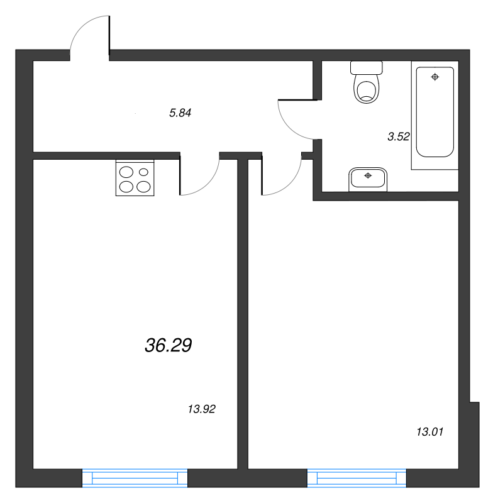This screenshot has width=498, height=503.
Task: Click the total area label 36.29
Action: (168, 345)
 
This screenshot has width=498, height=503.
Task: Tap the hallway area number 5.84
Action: (180, 113)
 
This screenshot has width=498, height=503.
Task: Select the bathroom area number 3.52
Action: (399, 136)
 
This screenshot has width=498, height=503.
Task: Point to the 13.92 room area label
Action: (202, 409)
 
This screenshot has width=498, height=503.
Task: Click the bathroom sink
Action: (368, 179)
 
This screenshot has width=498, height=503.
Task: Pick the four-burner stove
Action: (135, 179)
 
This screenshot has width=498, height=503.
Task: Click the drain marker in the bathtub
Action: (434, 77)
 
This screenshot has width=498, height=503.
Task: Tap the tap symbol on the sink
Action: (368, 175)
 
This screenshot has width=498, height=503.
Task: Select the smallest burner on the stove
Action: (144, 171)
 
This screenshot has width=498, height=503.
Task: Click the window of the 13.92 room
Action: (135, 479)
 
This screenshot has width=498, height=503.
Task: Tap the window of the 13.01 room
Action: (357, 479)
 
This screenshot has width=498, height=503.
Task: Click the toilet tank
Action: (367, 67)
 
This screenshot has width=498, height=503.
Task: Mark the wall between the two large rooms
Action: (242, 314)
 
